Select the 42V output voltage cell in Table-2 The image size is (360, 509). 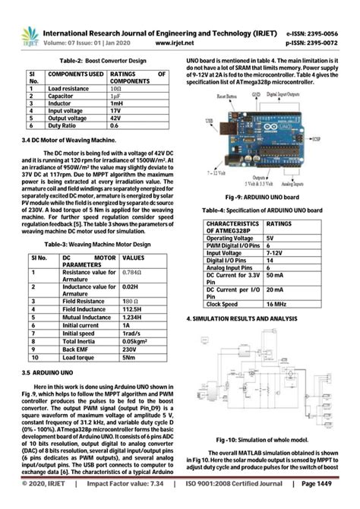pos(114,119)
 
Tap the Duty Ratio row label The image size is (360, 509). pos(62,126)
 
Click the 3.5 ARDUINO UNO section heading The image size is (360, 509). pos(48,373)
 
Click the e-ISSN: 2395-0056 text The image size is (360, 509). pos(322,34)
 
